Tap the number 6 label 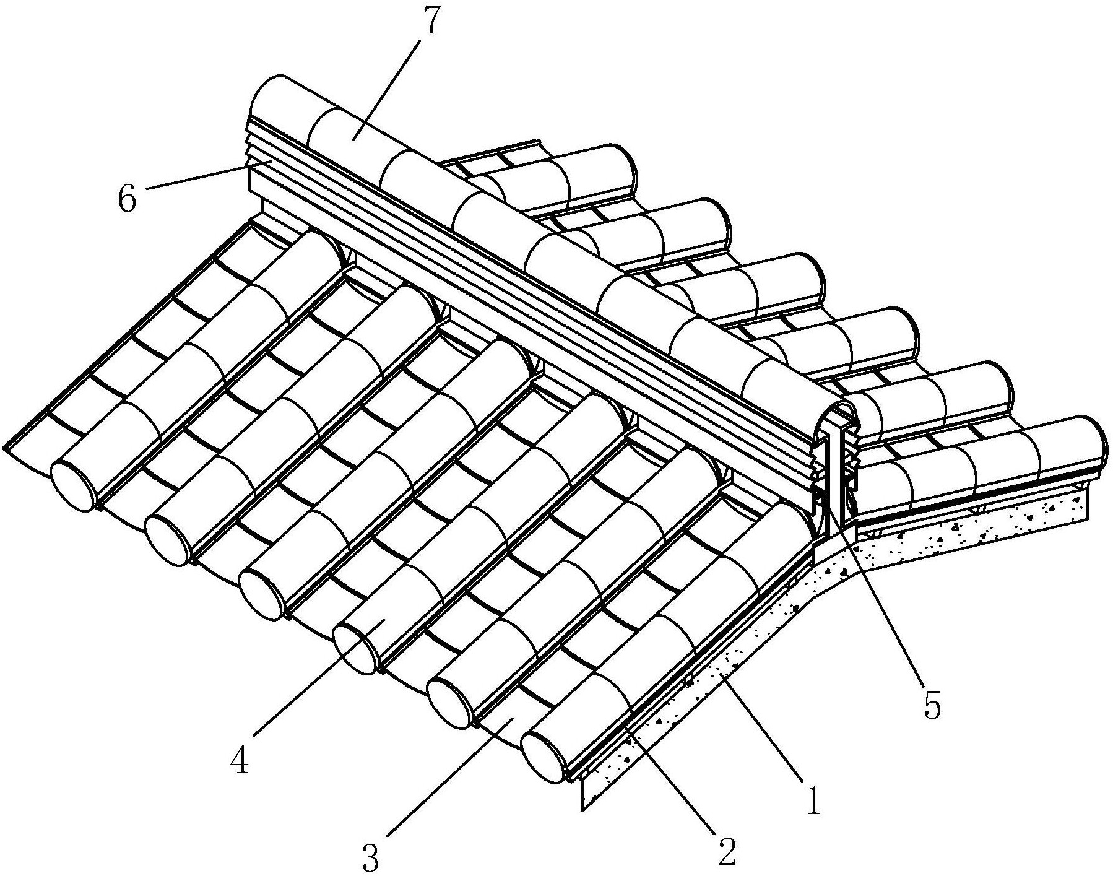pos(127,198)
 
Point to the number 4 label pos(240,758)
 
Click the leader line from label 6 pos(209,173)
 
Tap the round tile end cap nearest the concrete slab pos(545,758)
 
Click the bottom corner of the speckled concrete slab pos(582,810)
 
